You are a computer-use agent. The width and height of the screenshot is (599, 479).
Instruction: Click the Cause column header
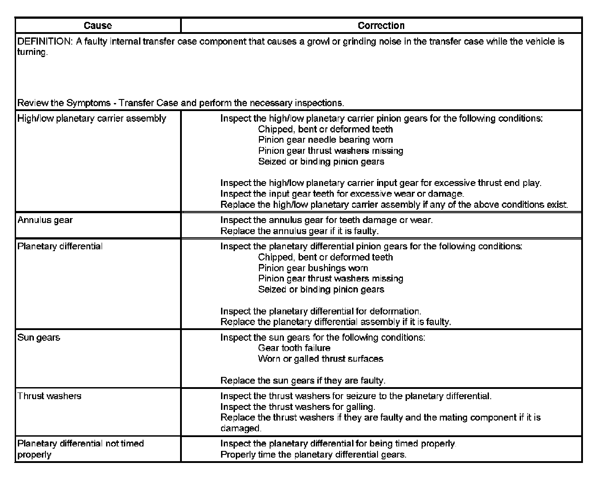click(98, 25)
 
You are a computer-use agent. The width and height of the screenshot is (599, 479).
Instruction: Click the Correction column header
click(381, 25)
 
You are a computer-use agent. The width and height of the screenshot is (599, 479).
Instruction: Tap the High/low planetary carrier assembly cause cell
click(92, 118)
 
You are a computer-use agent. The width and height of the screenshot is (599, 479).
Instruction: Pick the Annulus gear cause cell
click(45, 220)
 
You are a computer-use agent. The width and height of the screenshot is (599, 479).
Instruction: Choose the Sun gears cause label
click(39, 337)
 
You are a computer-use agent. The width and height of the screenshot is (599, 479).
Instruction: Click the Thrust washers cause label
click(49, 396)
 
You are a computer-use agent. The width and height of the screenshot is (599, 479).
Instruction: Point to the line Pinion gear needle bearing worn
click(325, 140)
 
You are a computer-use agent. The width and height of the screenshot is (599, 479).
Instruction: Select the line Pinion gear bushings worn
click(313, 268)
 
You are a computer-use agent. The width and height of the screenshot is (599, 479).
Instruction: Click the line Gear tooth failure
click(294, 348)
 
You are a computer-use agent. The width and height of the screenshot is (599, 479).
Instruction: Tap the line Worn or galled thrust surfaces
click(320, 359)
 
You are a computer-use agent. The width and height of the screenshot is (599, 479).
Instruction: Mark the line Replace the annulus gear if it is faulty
click(299, 231)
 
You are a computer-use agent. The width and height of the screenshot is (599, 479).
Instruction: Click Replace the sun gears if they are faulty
click(303, 380)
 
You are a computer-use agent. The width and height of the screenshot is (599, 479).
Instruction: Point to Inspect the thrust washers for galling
click(298, 407)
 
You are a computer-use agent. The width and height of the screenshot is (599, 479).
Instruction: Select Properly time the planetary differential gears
click(313, 454)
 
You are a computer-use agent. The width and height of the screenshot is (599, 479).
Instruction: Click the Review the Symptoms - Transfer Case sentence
click(181, 103)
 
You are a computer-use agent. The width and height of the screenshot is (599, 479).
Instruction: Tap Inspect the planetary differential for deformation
click(320, 311)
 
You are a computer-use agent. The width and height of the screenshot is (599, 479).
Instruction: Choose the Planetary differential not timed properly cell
click(81, 449)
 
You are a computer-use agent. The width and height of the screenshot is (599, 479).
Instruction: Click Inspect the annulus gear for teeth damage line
click(326, 220)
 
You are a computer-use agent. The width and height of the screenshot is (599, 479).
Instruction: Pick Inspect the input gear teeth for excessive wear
click(342, 194)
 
